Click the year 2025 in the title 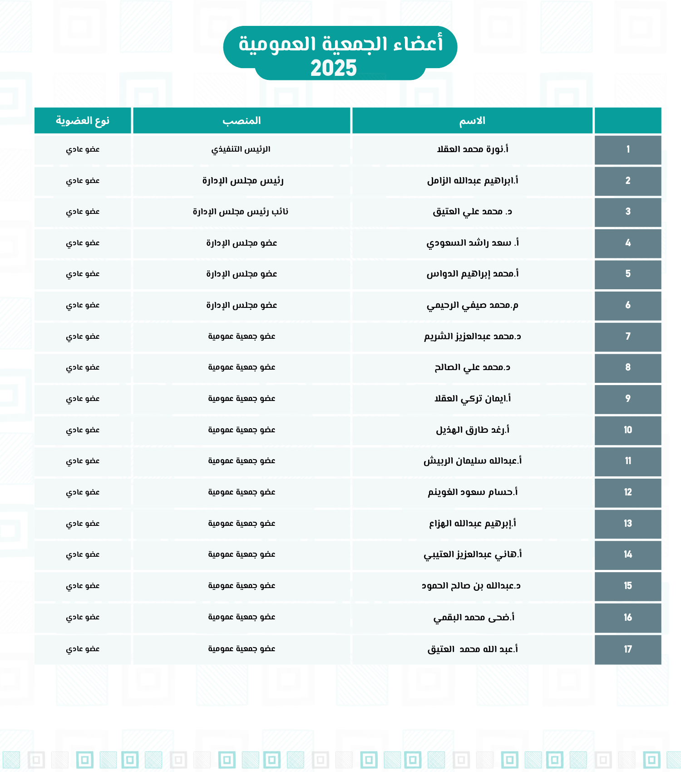[334, 69]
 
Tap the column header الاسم [472, 121]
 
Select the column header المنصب [242, 121]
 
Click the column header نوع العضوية [83, 121]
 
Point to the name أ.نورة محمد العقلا [472, 149]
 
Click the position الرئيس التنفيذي [241, 149]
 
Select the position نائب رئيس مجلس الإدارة [241, 212]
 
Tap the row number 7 [628, 337]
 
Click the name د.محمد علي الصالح [472, 367]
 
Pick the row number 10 [628, 430]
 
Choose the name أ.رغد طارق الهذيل [472, 430]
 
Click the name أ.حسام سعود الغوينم [472, 492]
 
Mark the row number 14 [628, 554]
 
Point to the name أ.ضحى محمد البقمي [474, 618]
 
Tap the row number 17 [628, 649]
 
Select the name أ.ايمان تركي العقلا [472, 399]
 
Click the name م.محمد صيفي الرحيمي [472, 305]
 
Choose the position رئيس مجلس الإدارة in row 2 [243, 181]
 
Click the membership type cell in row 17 [83, 649]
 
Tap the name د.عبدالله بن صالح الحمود [471, 586]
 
